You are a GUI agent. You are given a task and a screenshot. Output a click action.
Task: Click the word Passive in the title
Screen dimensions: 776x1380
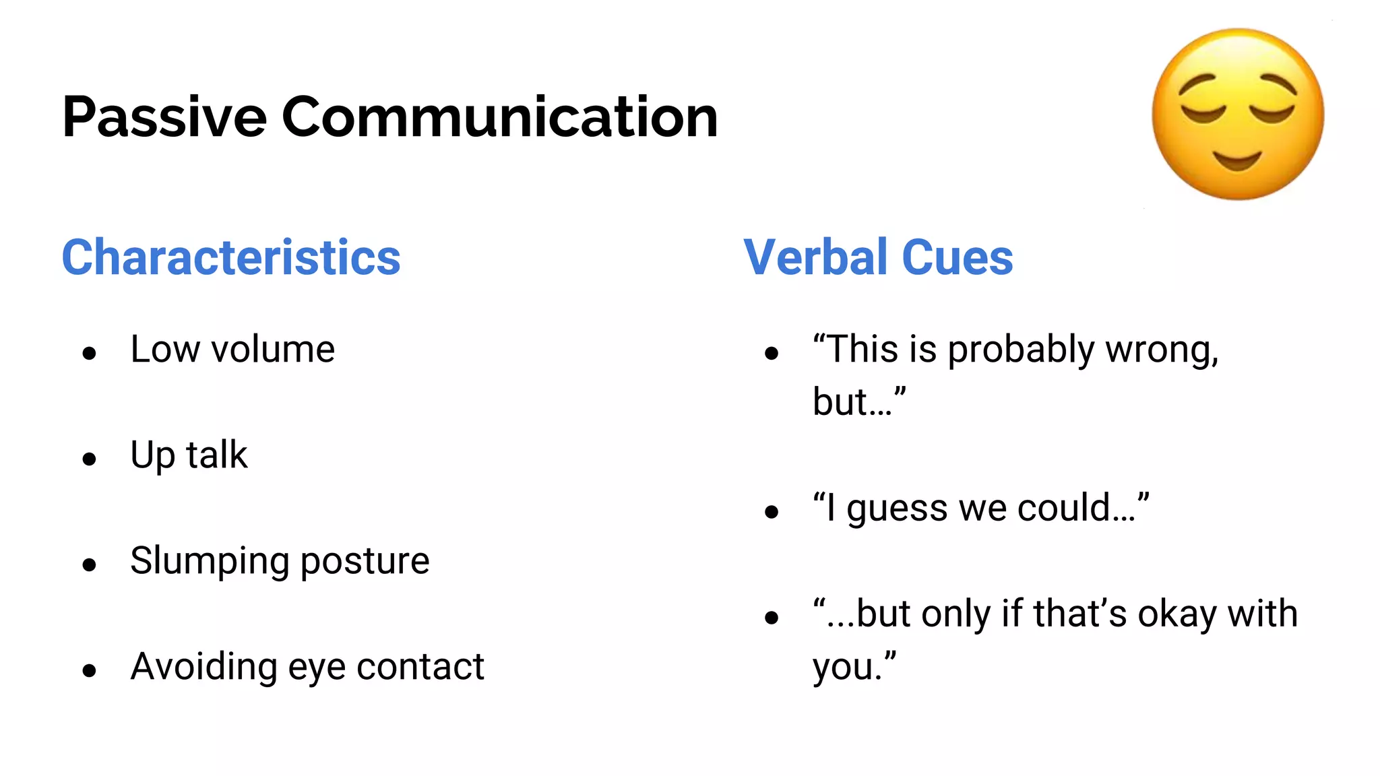click(x=164, y=117)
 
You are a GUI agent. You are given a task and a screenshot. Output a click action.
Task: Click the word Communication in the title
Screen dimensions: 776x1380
click(x=499, y=117)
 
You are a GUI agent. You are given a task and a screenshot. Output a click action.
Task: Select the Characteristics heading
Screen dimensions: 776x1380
click(x=231, y=257)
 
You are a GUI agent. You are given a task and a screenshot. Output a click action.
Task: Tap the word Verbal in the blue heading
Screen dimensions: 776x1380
click(x=815, y=257)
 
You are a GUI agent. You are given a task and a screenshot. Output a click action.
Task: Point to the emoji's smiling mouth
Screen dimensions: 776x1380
click(x=1237, y=161)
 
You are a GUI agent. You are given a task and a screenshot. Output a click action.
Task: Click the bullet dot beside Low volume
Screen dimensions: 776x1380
click(x=90, y=353)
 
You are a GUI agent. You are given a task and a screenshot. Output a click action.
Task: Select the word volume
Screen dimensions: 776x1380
click(x=273, y=350)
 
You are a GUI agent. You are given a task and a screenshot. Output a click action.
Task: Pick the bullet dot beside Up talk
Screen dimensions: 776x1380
click(x=90, y=459)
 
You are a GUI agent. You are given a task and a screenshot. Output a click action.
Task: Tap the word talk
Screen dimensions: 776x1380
click(x=217, y=455)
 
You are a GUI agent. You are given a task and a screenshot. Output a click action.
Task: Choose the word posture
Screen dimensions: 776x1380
click(x=365, y=562)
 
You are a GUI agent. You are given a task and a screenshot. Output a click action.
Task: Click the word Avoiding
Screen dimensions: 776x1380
click(x=203, y=667)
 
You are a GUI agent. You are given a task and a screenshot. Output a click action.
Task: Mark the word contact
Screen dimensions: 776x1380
click(x=420, y=667)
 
